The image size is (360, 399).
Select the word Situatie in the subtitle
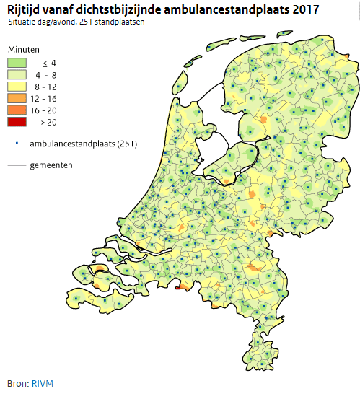(x=24, y=23)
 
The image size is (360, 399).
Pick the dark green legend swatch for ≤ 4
(x=18, y=63)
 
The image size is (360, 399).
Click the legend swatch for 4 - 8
(x=18, y=74)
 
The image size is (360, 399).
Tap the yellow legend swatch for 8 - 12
(x=18, y=87)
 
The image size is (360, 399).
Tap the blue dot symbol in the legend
(x=17, y=143)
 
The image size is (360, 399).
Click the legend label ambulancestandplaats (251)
(x=84, y=144)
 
